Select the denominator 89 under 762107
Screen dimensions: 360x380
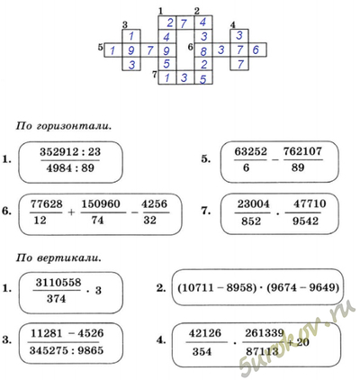tap(298, 167)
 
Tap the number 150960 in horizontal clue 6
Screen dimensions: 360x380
tap(101, 204)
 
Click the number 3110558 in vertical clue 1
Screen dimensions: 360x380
tap(58, 283)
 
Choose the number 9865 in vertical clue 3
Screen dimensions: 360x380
tap(90, 350)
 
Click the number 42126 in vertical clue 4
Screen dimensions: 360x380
tap(205, 333)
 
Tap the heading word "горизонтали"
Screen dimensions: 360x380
tap(74, 126)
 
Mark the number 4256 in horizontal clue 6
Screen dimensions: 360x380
tap(154, 204)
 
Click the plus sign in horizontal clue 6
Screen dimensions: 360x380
tap(71, 213)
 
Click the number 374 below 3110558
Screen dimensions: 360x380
tap(57, 299)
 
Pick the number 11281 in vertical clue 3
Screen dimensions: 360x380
tap(46, 333)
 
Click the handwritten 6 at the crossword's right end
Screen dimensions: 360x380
tap(256, 50)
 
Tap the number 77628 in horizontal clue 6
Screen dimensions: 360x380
tap(46, 204)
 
